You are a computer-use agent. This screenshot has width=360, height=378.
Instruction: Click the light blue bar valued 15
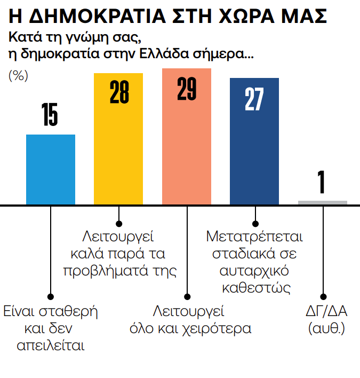coord(51,170)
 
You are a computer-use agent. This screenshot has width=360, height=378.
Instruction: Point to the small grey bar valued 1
coord(323,202)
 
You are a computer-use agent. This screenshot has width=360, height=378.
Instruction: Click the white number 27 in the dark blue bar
coord(254,98)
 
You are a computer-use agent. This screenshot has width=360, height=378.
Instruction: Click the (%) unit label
coord(18,76)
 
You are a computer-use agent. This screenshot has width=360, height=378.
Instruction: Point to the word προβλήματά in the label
coord(101,270)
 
